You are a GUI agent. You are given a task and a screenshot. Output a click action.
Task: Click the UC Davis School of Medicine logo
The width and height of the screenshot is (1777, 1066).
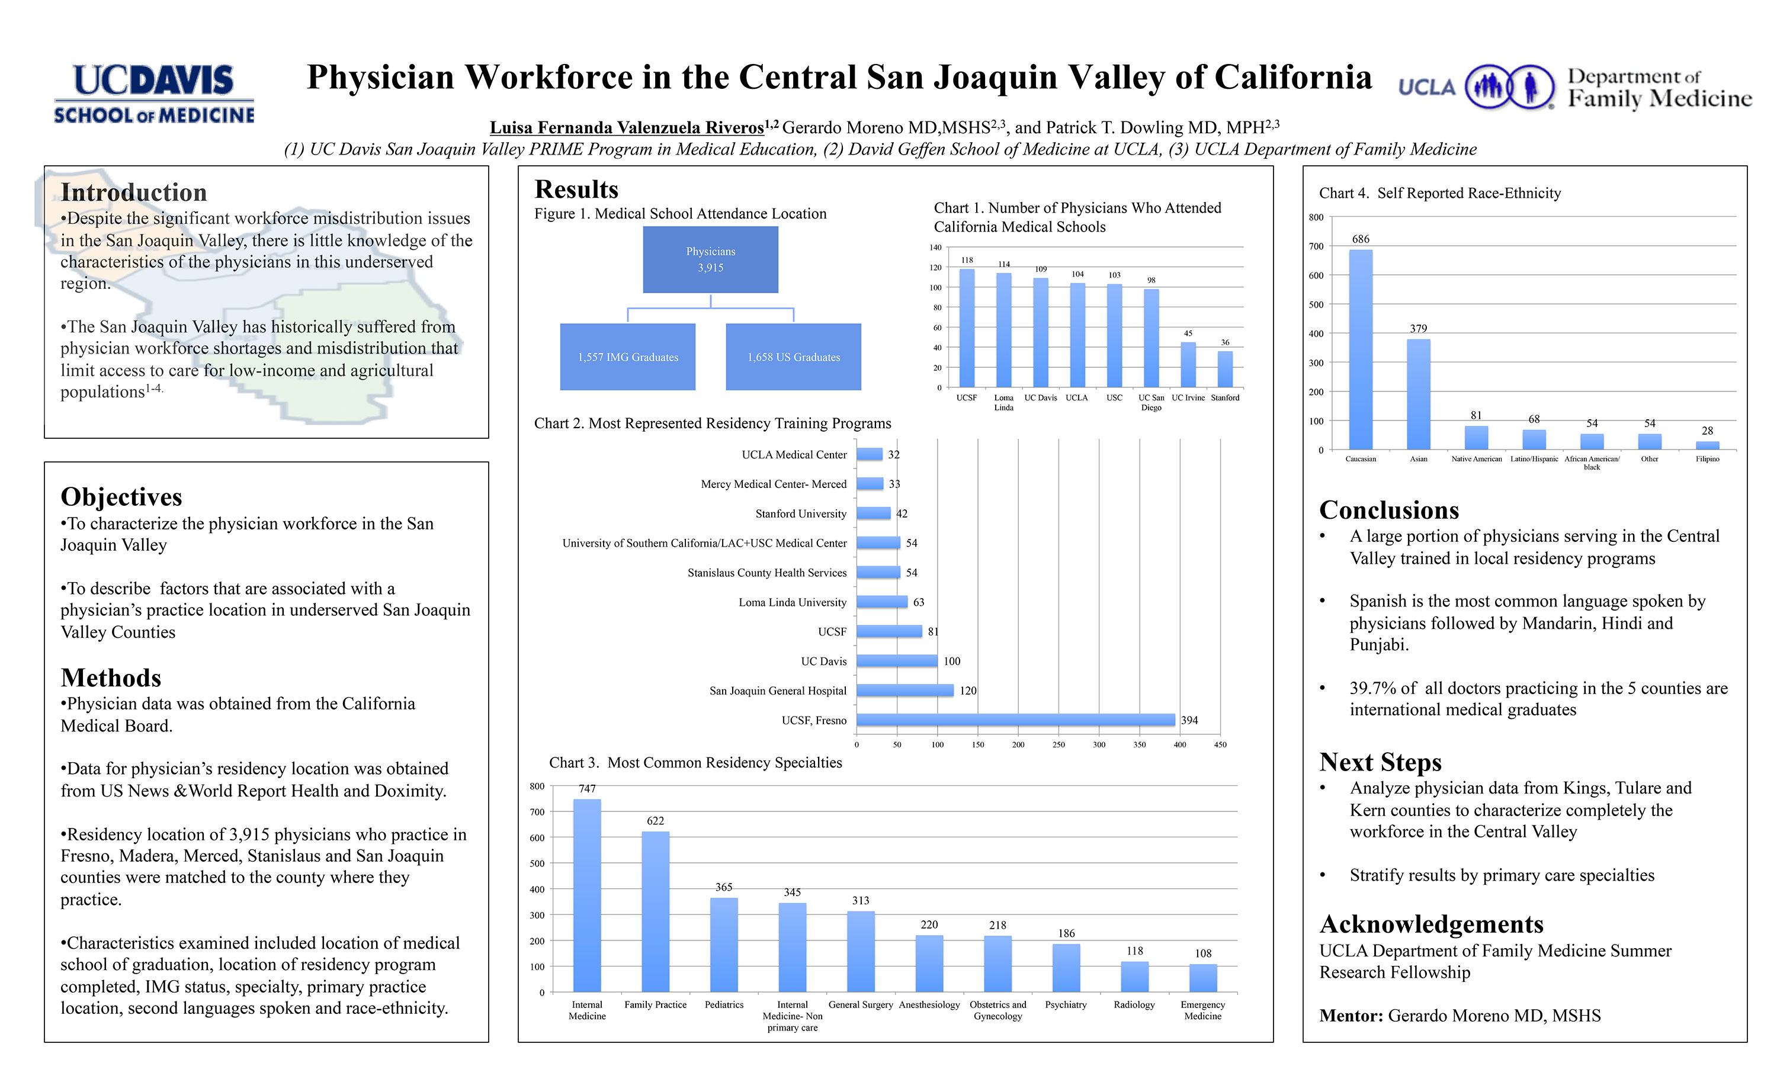pyautogui.click(x=153, y=94)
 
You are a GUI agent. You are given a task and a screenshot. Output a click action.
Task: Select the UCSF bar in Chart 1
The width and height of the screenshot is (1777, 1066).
pyautogui.click(x=967, y=327)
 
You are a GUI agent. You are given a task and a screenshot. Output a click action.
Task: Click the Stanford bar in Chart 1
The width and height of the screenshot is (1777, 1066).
pyautogui.click(x=1225, y=368)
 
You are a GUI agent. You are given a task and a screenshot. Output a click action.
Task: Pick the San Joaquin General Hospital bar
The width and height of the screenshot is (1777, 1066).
pyautogui.click(x=904, y=691)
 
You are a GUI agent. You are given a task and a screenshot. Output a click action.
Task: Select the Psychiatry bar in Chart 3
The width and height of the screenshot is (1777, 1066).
pyautogui.click(x=1066, y=968)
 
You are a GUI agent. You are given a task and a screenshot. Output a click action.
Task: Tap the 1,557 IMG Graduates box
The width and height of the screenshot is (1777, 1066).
pyautogui.click(x=628, y=357)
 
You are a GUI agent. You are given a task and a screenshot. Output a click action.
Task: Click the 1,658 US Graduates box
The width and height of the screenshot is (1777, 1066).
pyautogui.click(x=793, y=357)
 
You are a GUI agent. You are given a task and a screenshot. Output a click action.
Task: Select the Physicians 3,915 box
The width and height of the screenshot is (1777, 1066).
pyautogui.click(x=710, y=259)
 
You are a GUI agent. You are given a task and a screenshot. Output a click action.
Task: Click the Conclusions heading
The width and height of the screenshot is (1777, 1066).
pyautogui.click(x=1388, y=510)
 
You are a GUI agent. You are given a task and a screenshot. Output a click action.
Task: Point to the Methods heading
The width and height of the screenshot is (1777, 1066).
pyautogui.click(x=111, y=678)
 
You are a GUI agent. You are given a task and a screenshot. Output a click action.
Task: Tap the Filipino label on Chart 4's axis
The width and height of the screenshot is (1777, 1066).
pyautogui.click(x=1707, y=459)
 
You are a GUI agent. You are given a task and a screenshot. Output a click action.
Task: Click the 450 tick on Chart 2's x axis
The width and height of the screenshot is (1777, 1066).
pyautogui.click(x=1220, y=745)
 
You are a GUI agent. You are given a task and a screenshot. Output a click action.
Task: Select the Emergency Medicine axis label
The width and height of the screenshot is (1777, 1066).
pyautogui.click(x=1202, y=1010)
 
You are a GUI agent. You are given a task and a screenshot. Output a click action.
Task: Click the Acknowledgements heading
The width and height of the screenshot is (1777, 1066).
pyautogui.click(x=1431, y=924)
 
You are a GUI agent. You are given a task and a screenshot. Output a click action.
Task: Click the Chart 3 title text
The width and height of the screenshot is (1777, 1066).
pyautogui.click(x=695, y=763)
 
